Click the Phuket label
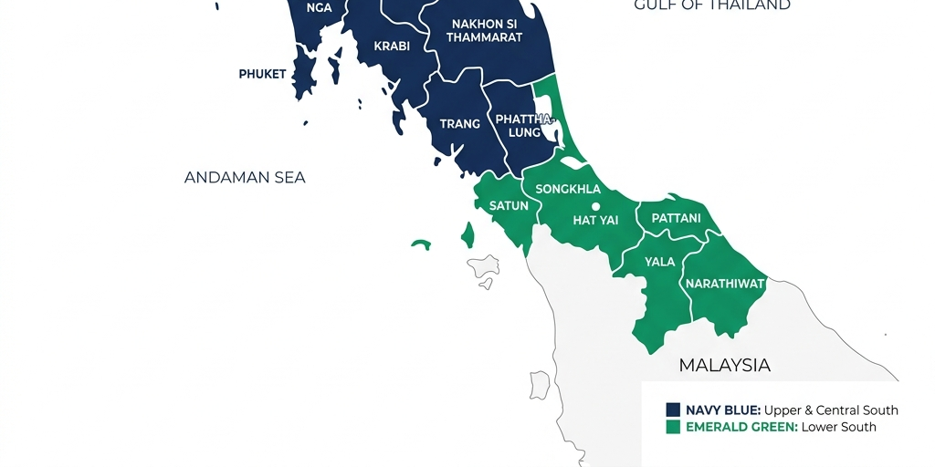(x=262, y=74)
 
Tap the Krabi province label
(x=392, y=46)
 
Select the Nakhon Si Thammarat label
(x=484, y=30)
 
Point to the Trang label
(x=459, y=124)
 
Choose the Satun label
(x=509, y=205)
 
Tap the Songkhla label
(x=568, y=189)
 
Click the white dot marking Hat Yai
(x=595, y=206)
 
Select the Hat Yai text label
(x=595, y=220)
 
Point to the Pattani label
(x=676, y=218)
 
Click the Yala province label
(x=659, y=262)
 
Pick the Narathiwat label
(x=725, y=284)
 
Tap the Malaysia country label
(x=724, y=365)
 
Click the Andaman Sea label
(x=245, y=177)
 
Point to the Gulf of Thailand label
(x=712, y=5)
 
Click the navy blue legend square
(x=674, y=410)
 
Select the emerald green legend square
(x=674, y=427)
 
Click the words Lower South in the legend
(x=838, y=427)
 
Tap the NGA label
(x=319, y=7)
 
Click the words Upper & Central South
(x=831, y=410)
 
